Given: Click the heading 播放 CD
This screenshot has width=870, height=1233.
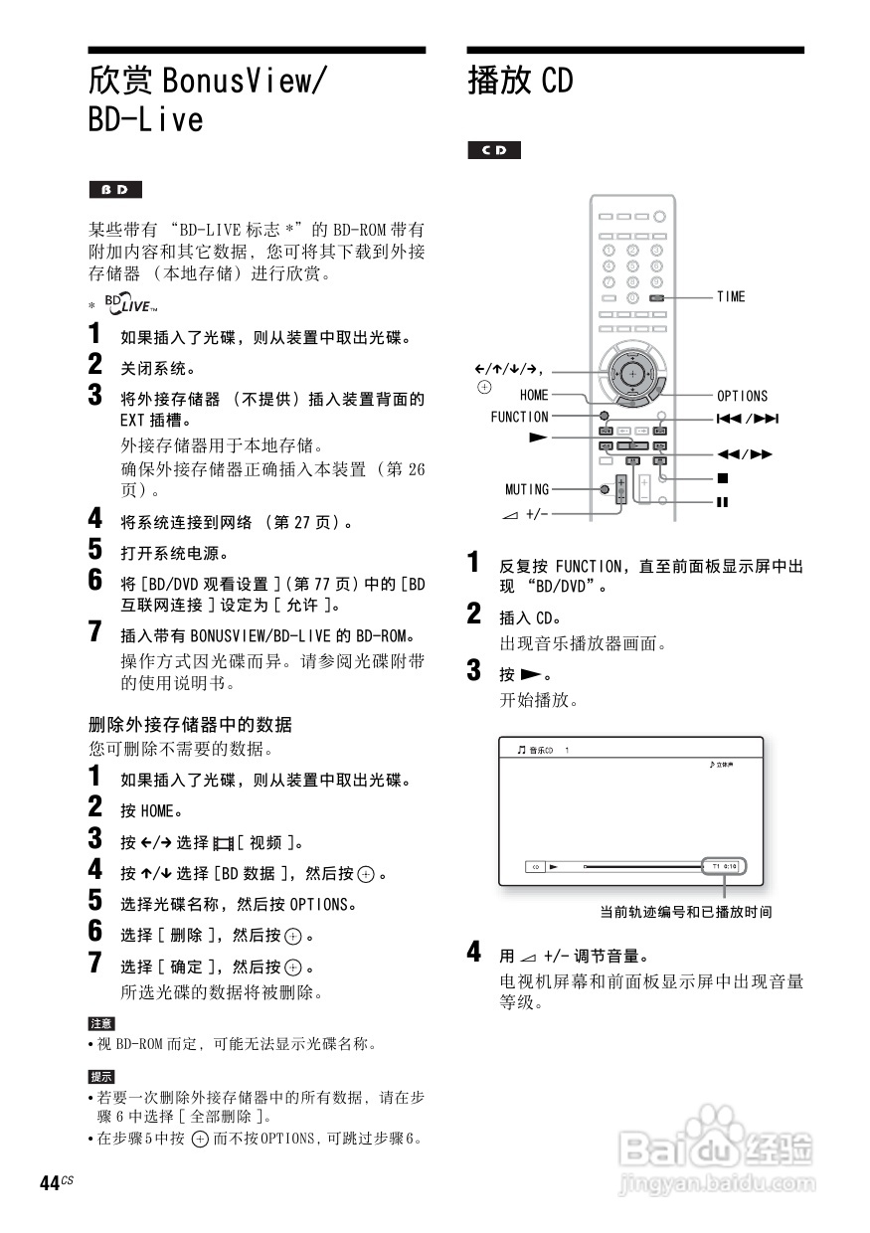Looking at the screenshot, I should click(x=521, y=82).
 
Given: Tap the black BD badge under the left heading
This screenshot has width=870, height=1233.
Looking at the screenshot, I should click(x=115, y=190).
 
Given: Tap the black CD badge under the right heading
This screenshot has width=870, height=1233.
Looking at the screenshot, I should click(x=494, y=151).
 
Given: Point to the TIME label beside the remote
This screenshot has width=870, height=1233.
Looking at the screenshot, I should click(x=731, y=296).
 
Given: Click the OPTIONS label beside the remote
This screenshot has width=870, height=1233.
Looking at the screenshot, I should click(x=742, y=396).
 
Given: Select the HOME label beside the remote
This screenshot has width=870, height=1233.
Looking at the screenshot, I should click(x=534, y=396).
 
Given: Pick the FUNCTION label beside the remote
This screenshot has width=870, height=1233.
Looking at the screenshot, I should click(x=519, y=417).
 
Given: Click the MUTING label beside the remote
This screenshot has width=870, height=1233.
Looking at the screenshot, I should click(x=527, y=489).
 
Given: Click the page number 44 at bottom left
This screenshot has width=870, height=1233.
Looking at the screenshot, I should click(x=50, y=1182).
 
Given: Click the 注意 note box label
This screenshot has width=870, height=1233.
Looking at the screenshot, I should click(x=101, y=1023).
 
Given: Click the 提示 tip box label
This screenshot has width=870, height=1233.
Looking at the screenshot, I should click(x=101, y=1077).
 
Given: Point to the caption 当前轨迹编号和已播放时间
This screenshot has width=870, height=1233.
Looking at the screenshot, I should click(x=685, y=911).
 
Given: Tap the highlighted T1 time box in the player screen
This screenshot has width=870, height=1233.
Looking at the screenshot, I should click(x=723, y=866).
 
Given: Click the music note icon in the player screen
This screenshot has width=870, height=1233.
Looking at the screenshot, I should click(x=521, y=751).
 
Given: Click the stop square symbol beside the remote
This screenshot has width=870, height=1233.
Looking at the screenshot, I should click(x=722, y=478).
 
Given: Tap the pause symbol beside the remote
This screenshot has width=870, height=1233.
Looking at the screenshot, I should click(x=722, y=501).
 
